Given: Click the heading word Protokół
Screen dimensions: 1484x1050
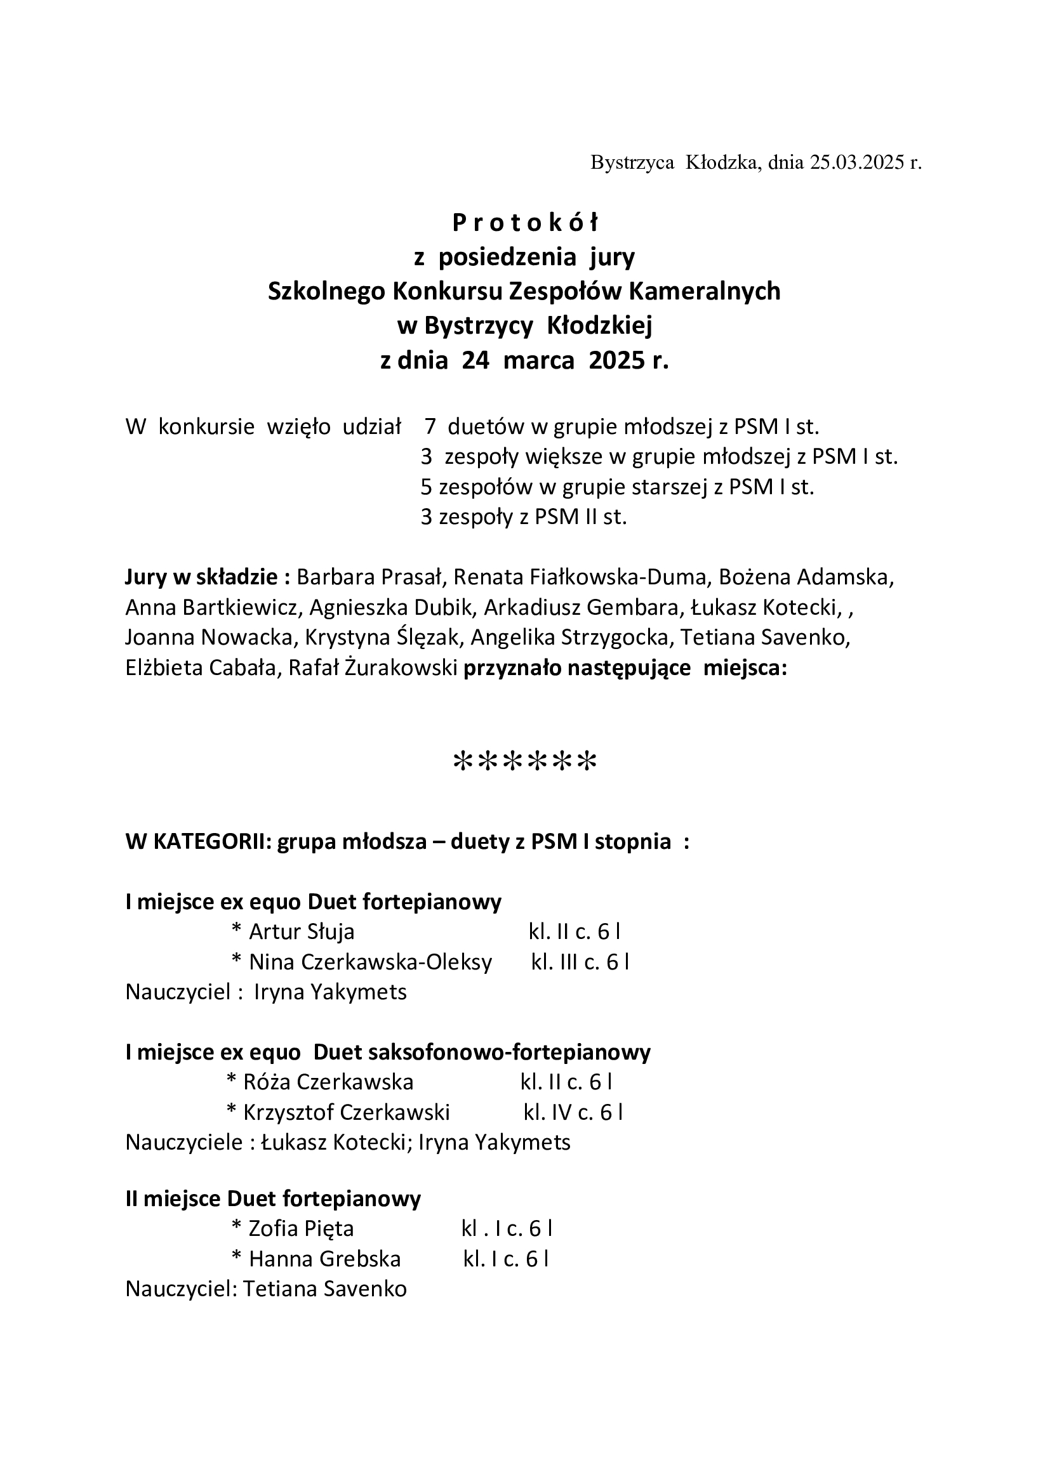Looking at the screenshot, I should point(525,223).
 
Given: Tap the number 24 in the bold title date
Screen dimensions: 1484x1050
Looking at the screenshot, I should point(475,360).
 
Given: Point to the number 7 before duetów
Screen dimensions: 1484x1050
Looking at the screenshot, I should point(430,427).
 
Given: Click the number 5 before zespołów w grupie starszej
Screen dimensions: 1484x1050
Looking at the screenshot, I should point(426,487).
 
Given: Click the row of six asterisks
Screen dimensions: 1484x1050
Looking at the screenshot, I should point(525,762).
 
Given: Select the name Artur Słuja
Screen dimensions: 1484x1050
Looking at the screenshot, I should point(302,932).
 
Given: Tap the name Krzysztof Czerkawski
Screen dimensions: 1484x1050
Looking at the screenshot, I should point(347,1112).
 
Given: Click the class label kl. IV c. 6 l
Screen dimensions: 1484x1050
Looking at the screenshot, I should point(573,1112).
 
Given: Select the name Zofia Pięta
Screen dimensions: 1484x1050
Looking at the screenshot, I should point(302,1229).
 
